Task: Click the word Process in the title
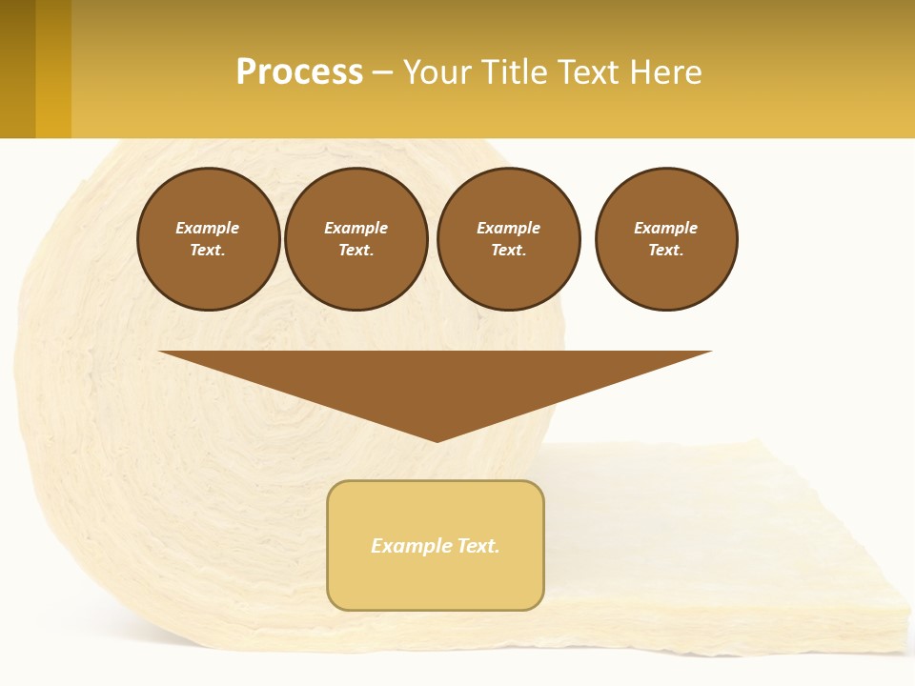coord(299,72)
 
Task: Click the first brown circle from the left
coord(209,239)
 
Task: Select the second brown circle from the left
coord(356,239)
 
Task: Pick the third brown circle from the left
coord(508,239)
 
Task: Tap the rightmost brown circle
coord(666,239)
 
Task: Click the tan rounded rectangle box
coord(436,581)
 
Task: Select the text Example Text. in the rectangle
coord(436,546)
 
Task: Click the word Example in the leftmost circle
coord(208,228)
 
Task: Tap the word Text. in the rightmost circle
coord(666,250)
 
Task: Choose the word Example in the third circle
coord(508,228)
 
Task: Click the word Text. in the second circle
coord(356,250)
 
